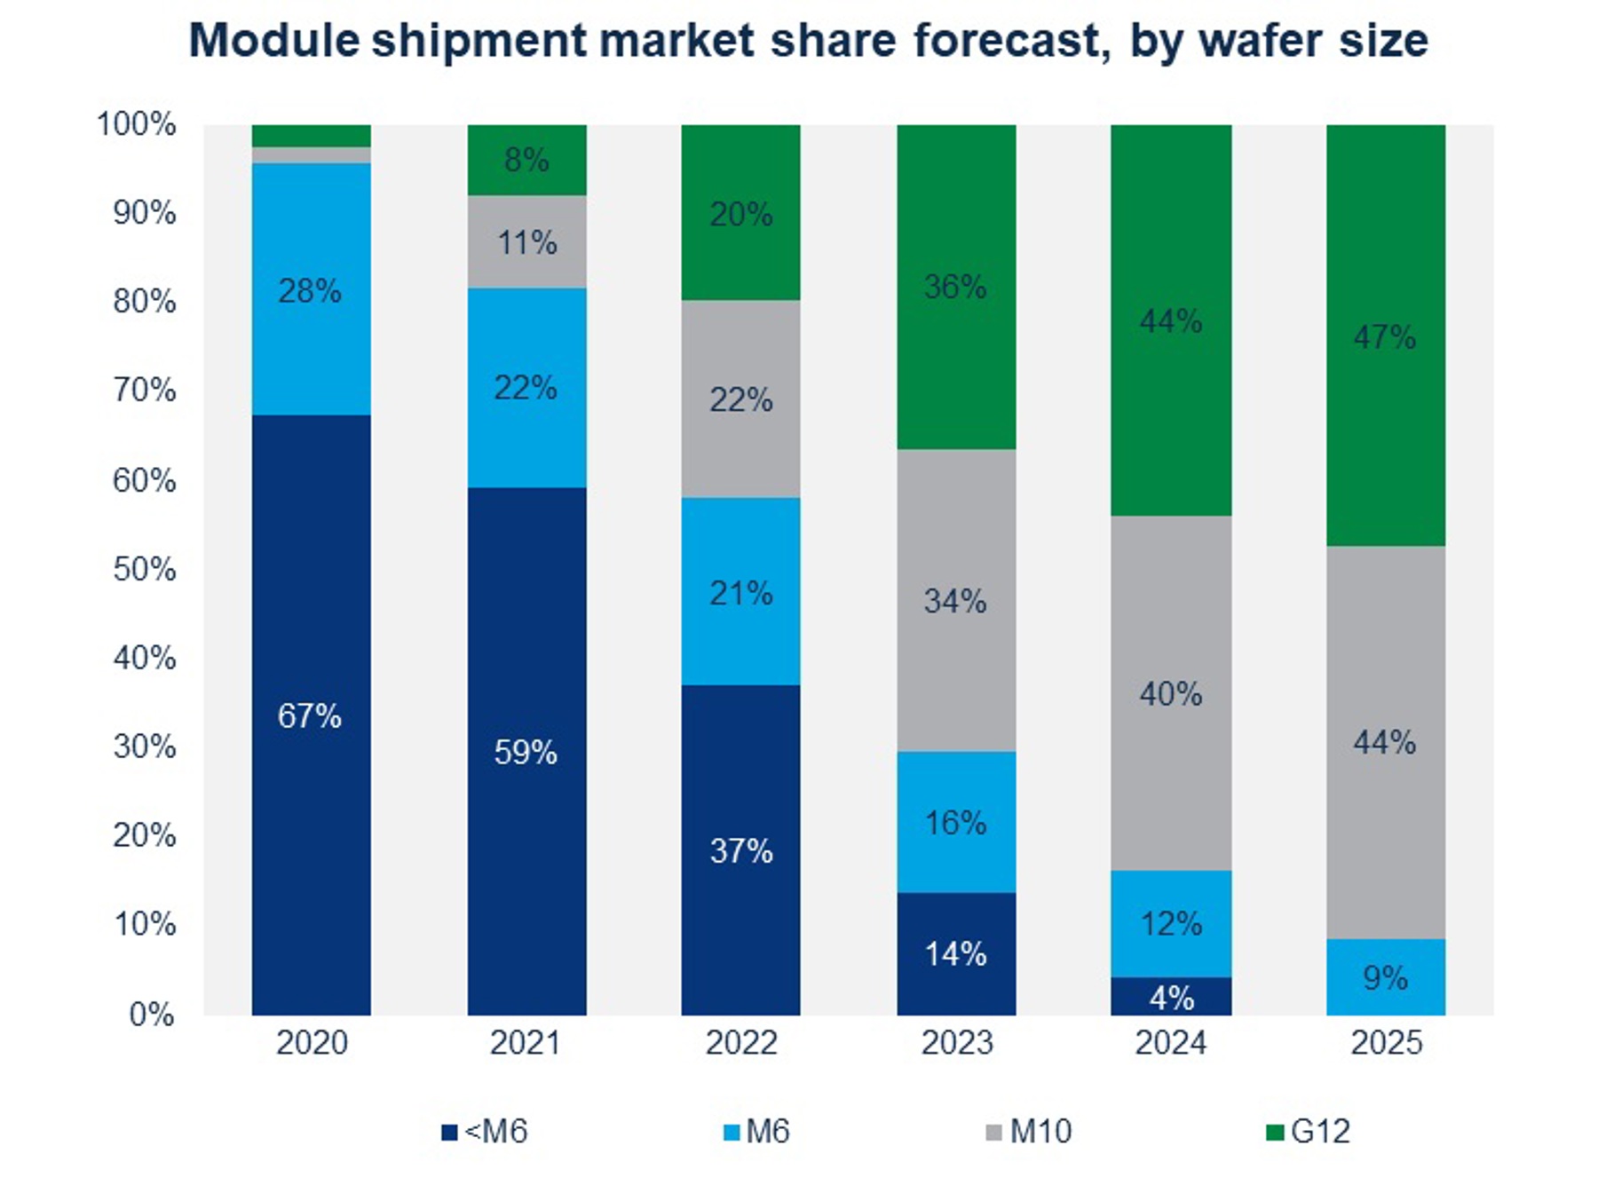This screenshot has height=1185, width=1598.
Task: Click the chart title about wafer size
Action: (x=808, y=41)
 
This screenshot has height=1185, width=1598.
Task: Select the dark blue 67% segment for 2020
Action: (x=311, y=715)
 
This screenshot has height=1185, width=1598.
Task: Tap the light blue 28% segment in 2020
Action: (x=311, y=289)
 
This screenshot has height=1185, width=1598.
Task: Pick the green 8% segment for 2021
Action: (x=526, y=160)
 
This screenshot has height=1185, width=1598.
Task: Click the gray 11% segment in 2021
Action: (x=526, y=241)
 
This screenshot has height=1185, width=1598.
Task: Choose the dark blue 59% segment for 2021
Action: (x=526, y=751)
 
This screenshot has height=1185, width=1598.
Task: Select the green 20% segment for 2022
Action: (x=740, y=213)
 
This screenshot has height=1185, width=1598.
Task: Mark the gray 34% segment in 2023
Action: (x=956, y=600)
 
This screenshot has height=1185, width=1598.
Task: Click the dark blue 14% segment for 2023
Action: (x=956, y=953)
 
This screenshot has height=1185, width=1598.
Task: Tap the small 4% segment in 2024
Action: (x=1171, y=997)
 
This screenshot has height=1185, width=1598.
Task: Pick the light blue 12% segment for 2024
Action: (x=1171, y=923)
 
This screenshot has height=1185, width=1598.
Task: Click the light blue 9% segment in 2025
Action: (x=1385, y=977)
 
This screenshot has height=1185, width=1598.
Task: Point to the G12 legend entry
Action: (x=1309, y=1132)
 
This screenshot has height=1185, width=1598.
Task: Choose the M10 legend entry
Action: (x=1030, y=1132)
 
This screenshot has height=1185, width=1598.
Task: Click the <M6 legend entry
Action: (x=485, y=1132)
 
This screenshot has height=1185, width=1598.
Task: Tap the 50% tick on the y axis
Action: (x=144, y=569)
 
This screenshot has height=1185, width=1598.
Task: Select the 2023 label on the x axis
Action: (x=956, y=1042)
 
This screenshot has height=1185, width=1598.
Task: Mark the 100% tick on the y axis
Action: (x=137, y=124)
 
